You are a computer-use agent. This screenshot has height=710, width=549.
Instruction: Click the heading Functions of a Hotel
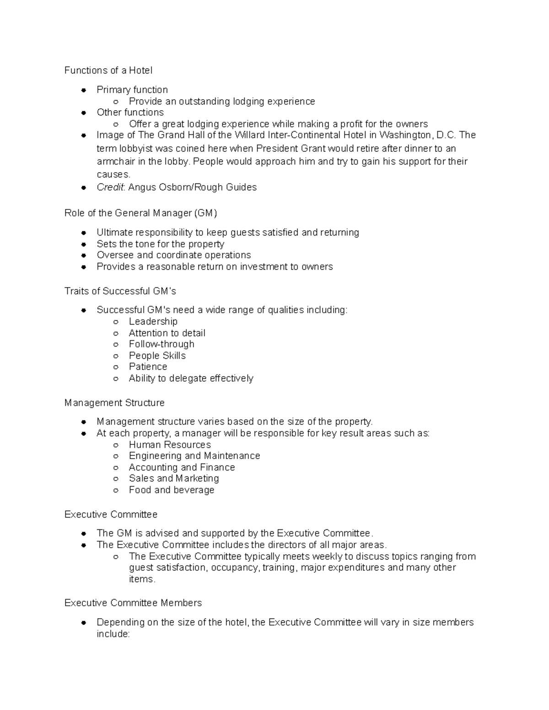point(108,70)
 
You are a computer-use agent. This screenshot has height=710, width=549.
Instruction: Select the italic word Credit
point(110,187)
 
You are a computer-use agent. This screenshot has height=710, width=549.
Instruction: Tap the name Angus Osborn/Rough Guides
point(193,187)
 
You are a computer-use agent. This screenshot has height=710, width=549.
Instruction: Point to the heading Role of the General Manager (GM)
point(140,213)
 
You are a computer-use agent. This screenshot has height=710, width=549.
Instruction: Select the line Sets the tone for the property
point(160,244)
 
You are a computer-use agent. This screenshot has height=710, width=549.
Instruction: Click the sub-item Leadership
point(153,321)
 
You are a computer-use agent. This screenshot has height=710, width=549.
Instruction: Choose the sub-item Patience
point(148,367)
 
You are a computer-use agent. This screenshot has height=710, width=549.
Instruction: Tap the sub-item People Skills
point(157,356)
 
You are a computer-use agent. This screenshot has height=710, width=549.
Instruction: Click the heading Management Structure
point(114,403)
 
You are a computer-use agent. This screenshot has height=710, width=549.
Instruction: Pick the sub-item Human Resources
point(170,445)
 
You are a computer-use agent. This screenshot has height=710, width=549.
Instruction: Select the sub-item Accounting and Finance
point(182,467)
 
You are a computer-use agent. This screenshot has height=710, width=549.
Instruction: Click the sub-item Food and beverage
point(172,490)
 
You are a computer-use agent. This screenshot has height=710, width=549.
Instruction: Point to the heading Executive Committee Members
point(133,603)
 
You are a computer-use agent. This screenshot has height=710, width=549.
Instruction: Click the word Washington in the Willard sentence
point(405,135)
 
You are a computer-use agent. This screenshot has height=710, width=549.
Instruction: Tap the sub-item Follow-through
point(161,344)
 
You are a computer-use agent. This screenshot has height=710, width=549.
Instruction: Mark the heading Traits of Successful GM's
point(120,291)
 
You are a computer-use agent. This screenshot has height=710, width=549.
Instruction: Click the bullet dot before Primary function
point(84,90)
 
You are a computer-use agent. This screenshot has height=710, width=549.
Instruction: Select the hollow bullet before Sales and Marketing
point(116,479)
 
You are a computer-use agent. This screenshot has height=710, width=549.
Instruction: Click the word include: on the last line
point(113,634)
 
